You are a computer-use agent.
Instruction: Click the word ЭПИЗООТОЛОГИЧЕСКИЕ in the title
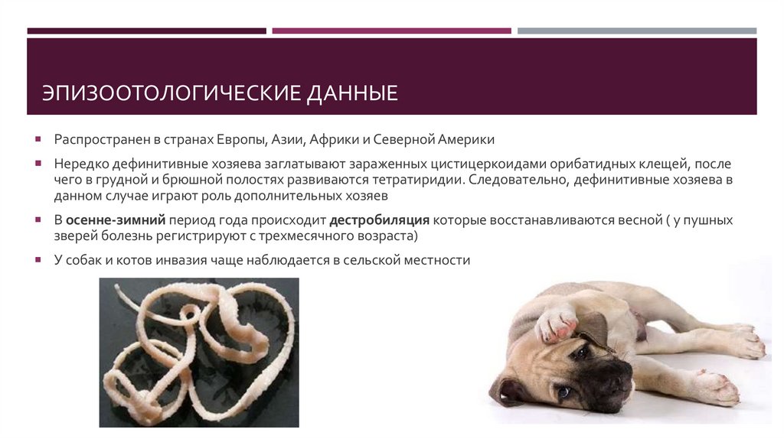(x=172, y=95)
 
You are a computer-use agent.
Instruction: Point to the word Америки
(x=468, y=140)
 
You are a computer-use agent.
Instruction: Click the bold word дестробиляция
(x=380, y=220)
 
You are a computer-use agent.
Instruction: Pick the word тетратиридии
(x=418, y=180)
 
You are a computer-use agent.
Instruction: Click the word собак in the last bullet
(x=85, y=260)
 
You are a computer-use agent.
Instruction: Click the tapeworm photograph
(x=199, y=352)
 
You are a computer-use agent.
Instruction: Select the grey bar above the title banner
(x=636, y=31)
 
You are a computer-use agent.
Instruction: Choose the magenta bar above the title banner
(x=391, y=31)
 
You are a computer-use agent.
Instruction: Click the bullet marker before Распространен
(x=38, y=141)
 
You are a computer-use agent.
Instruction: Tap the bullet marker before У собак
(x=38, y=261)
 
